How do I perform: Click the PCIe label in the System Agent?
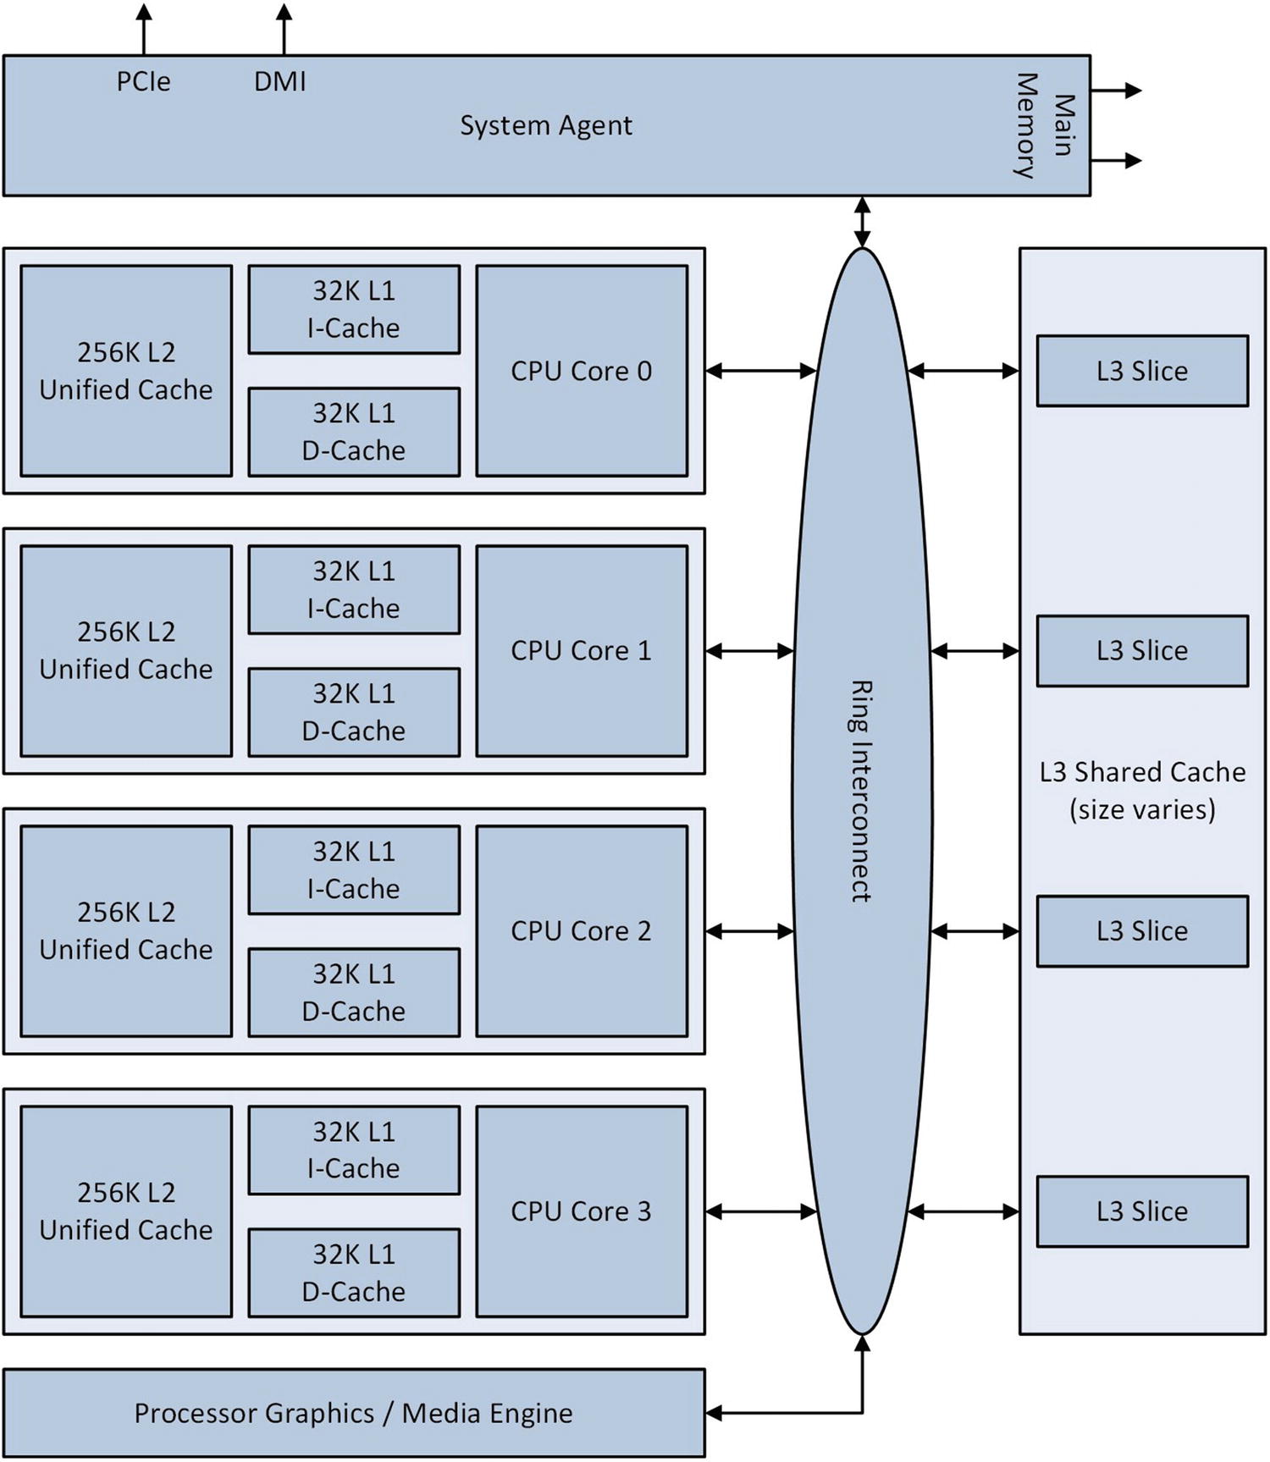pos(143,81)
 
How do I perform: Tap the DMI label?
pos(279,81)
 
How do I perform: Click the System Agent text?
pos(545,125)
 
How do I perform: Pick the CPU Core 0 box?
pos(582,371)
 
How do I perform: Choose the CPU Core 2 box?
pos(582,930)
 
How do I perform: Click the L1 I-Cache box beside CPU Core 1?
pos(354,589)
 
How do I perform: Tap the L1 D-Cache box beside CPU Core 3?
pos(354,1272)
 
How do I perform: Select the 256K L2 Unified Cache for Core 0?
pos(126,371)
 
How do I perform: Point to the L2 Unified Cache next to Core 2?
pos(126,930)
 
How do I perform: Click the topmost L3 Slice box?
pos(1142,371)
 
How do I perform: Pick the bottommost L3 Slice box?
pos(1142,1211)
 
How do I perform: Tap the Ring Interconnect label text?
pos(861,791)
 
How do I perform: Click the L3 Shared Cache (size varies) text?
pos(1142,790)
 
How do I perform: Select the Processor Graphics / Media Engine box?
pos(354,1413)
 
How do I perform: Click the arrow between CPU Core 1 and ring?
pos(749,651)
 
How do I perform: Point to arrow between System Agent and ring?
pos(862,222)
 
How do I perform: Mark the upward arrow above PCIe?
pos(144,30)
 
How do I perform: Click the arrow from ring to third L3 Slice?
pos(975,931)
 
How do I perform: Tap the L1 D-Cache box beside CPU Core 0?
pos(354,432)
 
